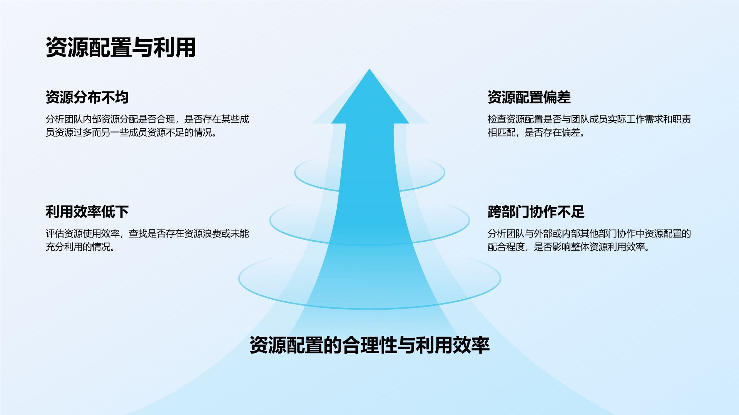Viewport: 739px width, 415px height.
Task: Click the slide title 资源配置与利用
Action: (x=121, y=48)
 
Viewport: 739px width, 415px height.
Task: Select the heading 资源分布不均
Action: (x=87, y=97)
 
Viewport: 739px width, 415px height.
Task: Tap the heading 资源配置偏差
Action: (x=529, y=97)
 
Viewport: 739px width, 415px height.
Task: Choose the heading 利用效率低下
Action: (x=87, y=212)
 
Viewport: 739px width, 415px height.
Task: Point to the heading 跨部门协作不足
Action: (x=536, y=212)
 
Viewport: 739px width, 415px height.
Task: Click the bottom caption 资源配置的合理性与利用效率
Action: (x=369, y=345)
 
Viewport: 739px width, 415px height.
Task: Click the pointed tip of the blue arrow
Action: (x=369, y=71)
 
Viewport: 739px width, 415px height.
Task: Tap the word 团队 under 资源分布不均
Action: (x=73, y=119)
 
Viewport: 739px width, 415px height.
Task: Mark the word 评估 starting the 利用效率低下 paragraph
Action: (x=55, y=234)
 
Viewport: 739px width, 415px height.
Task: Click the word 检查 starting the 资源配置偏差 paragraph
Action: (x=497, y=119)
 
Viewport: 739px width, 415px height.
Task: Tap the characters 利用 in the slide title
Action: (x=175, y=48)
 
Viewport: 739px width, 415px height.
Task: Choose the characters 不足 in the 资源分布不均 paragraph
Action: (x=175, y=133)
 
